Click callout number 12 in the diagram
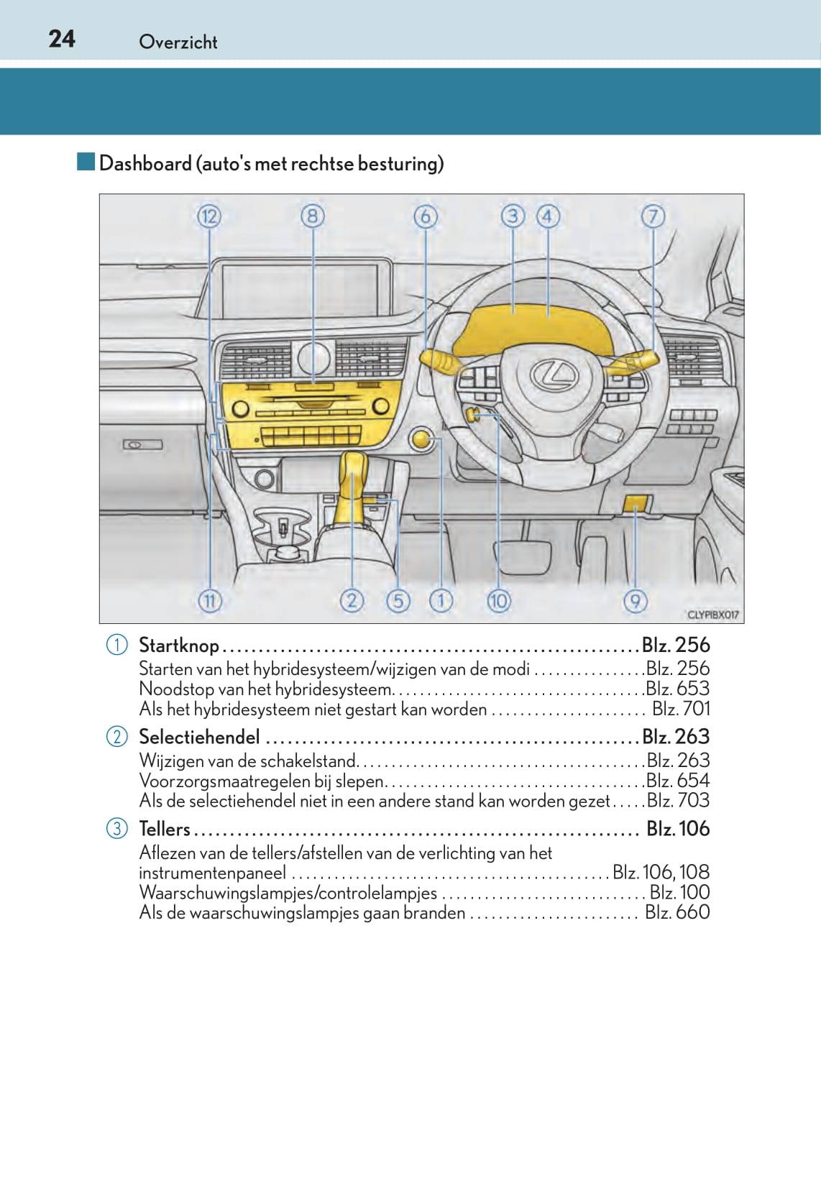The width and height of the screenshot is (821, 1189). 209,216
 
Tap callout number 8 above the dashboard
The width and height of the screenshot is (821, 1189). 313,216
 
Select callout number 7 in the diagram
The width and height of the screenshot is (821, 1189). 653,216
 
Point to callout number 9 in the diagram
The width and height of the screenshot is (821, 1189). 635,600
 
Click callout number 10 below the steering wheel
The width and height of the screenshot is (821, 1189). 498,600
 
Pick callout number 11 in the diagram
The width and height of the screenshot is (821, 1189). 209,600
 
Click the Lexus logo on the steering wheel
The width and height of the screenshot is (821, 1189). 555,375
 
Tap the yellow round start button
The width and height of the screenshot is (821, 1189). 422,440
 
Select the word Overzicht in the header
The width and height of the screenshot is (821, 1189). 178,42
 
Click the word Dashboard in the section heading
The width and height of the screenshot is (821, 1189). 145,164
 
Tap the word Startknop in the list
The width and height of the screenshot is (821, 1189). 178,646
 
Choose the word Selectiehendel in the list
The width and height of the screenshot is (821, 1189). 199,738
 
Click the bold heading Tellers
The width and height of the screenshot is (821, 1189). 165,830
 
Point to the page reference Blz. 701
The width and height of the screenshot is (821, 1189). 680,710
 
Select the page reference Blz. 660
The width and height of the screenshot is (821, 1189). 677,912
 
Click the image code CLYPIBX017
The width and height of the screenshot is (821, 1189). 712,615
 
